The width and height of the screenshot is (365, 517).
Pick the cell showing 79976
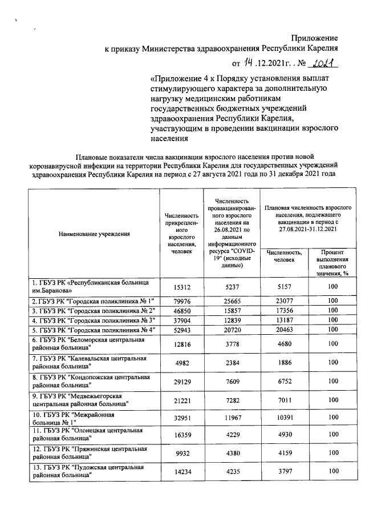(177, 301)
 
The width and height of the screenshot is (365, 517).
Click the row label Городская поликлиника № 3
(94, 320)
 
